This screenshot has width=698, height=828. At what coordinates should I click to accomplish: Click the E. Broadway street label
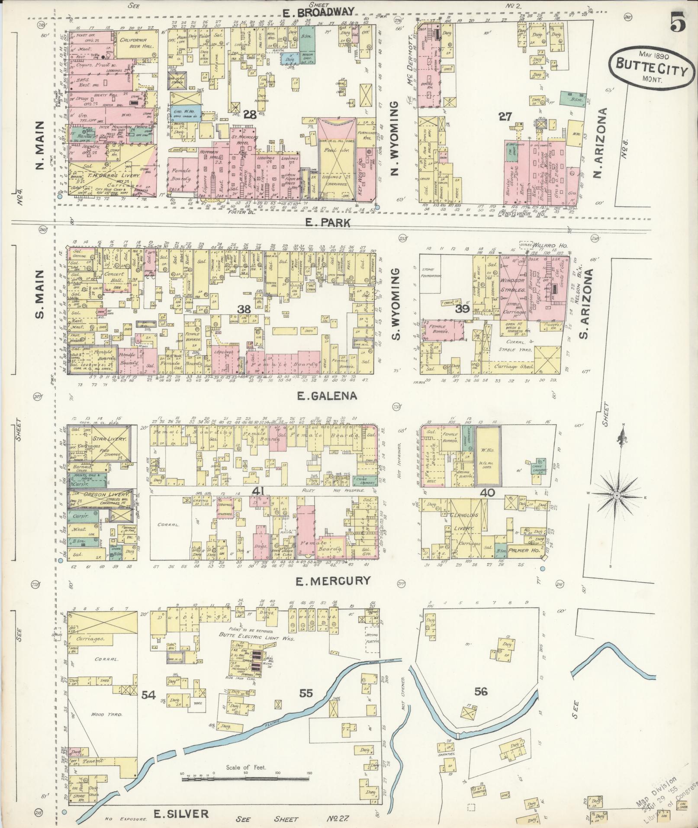[318, 12]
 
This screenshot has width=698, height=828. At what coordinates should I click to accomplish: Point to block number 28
[250, 115]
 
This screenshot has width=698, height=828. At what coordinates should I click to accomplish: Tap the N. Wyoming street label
[394, 139]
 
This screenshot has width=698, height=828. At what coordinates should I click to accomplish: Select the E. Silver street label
[181, 813]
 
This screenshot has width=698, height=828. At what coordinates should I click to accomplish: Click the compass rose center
[616, 495]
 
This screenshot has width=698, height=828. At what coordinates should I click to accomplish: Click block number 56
[480, 692]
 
